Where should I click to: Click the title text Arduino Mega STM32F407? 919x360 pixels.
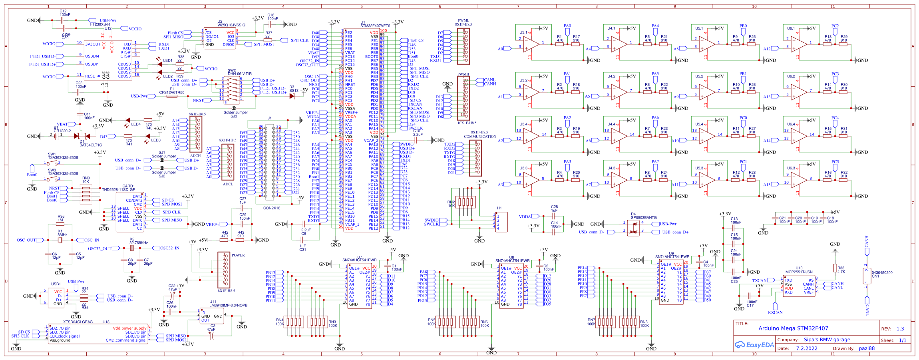click(793, 328)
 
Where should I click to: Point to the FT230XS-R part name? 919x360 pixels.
click(100, 24)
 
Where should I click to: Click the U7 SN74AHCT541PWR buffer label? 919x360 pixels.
click(359, 260)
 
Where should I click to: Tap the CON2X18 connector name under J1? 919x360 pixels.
click(272, 208)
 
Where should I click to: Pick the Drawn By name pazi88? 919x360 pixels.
click(867, 348)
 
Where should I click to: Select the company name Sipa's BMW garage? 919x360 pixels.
click(827, 340)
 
